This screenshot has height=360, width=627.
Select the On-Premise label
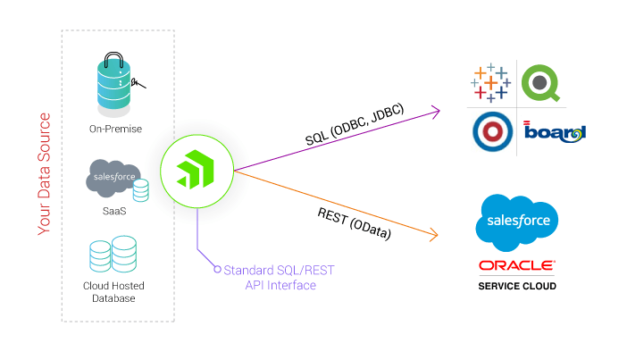pyautogui.click(x=115, y=129)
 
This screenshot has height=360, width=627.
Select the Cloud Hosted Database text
pyautogui.click(x=113, y=291)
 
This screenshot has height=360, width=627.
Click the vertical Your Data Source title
pyautogui.click(x=44, y=174)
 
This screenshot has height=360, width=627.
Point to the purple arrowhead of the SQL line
pyautogui.click(x=436, y=111)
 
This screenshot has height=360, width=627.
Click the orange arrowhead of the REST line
pyautogui.click(x=435, y=236)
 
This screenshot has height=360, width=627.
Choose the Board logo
pyautogui.click(x=554, y=132)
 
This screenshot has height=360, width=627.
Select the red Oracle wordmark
pyautogui.click(x=517, y=265)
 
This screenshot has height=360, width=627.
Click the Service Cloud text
pyautogui.click(x=517, y=286)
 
